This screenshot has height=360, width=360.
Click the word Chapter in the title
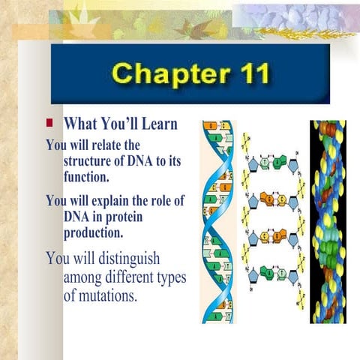[163, 76]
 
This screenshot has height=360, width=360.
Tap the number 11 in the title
[247, 76]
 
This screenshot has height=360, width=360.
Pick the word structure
[94, 161]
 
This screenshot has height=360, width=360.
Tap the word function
[86, 178]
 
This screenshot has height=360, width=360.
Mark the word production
[93, 234]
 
